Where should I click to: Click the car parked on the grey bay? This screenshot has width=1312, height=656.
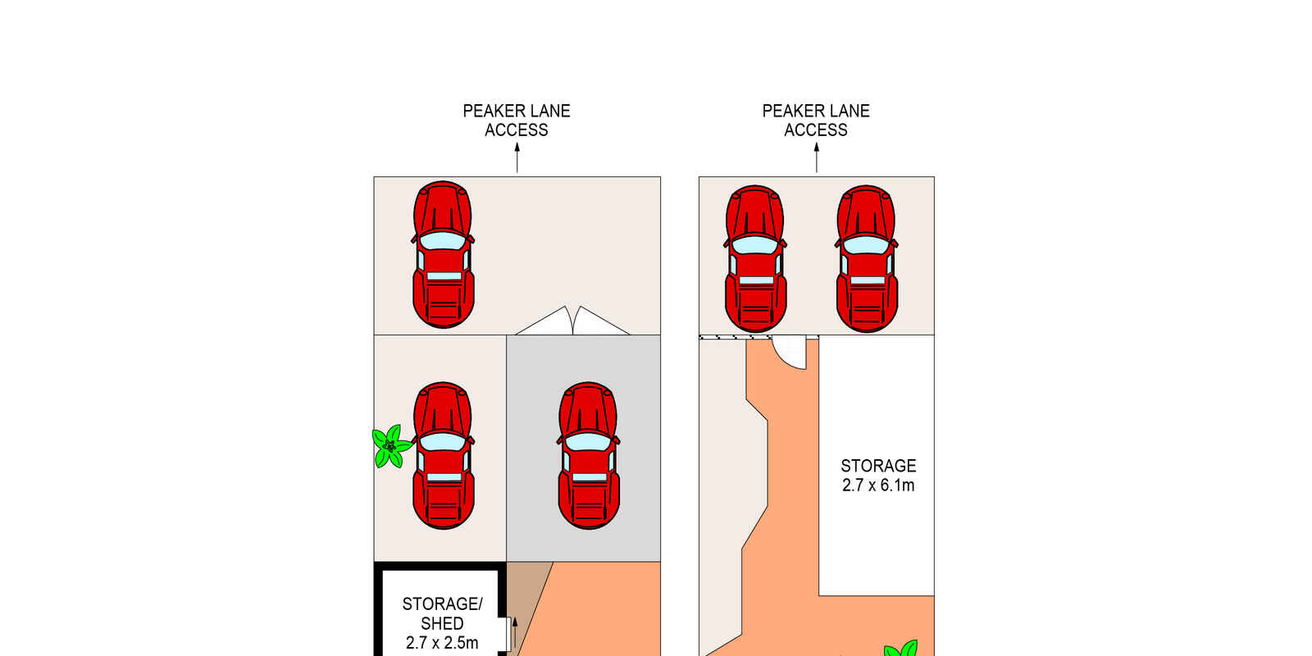(x=588, y=456)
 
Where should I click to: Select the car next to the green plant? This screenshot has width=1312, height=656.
(x=444, y=456)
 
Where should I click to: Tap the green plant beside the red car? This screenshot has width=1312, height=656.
(x=390, y=447)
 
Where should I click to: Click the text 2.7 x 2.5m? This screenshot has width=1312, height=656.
(x=442, y=643)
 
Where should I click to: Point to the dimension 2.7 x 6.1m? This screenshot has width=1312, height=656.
(x=878, y=485)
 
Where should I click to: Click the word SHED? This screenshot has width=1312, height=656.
(x=442, y=623)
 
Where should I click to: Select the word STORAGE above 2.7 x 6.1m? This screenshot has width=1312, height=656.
(x=878, y=466)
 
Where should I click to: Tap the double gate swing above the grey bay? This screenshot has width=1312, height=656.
(x=572, y=321)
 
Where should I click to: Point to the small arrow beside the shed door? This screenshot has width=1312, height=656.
(x=515, y=632)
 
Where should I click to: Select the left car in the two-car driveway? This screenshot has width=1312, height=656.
(x=755, y=259)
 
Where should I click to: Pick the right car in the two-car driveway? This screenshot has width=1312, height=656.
(x=867, y=259)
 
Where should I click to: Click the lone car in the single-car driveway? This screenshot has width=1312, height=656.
(x=444, y=254)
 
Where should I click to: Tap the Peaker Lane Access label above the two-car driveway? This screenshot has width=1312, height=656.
(x=816, y=120)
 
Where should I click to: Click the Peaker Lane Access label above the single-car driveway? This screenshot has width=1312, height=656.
(x=517, y=120)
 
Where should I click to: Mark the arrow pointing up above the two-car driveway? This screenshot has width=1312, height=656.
(x=817, y=157)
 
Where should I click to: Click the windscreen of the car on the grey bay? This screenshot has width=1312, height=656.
(x=588, y=441)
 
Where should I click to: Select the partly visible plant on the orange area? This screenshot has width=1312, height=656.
(x=901, y=648)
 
